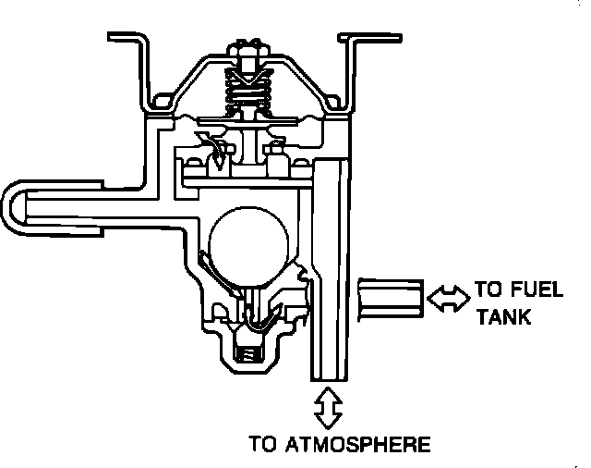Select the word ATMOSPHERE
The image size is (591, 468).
coord(352,444)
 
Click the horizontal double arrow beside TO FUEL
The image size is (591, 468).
coord(449,297)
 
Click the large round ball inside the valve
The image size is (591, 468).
coord(247,245)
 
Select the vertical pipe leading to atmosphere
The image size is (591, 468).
coord(329,277)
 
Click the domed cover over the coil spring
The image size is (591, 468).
coord(199,74)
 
